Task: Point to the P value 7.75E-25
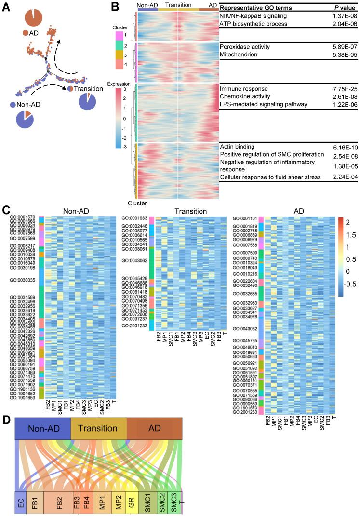(x=343, y=90)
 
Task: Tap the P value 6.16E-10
(x=343, y=146)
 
